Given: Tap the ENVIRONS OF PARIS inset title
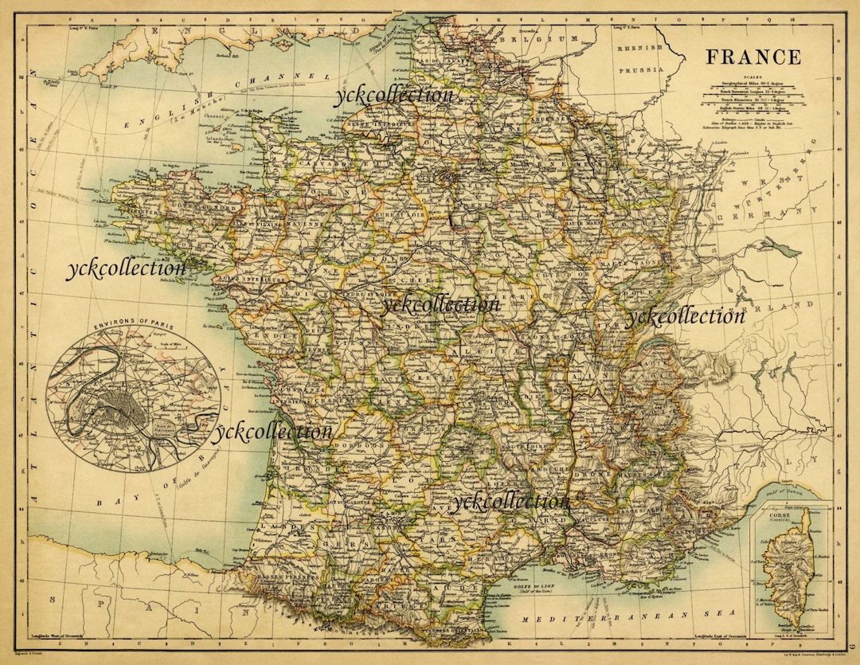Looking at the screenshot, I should (132, 326).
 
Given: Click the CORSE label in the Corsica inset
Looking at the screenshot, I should (779, 516).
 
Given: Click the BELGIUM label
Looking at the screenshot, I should (540, 38).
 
